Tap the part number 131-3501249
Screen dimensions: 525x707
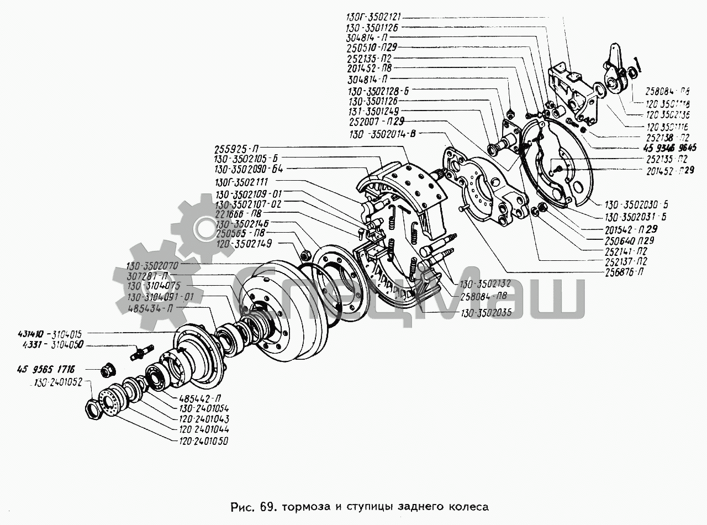click(374, 111)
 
